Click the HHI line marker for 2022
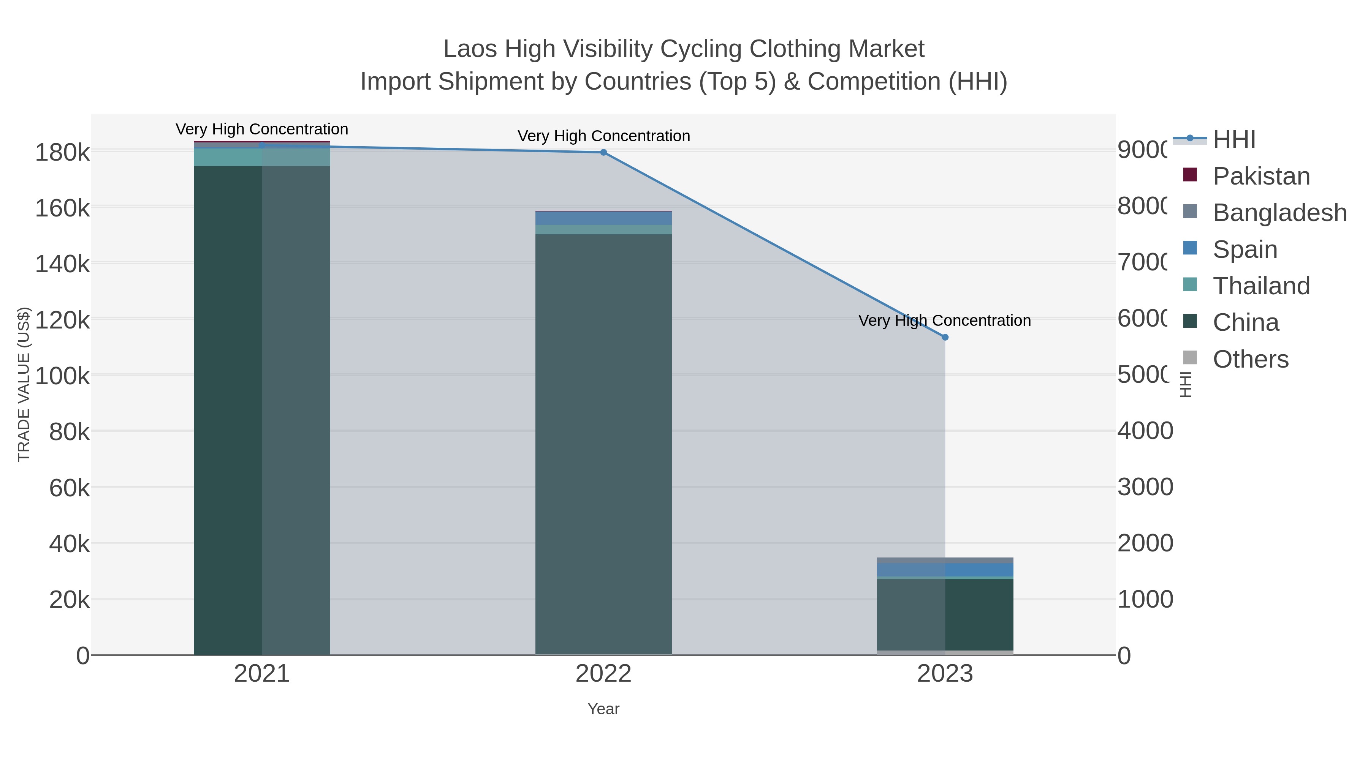(x=603, y=152)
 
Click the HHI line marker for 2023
(x=945, y=337)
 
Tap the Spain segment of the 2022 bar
(x=603, y=218)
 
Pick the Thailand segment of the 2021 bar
(x=261, y=157)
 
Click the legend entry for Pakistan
(x=1261, y=176)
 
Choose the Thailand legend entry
(x=1261, y=286)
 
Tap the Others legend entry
(x=1250, y=359)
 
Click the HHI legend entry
(x=1233, y=140)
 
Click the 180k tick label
(x=62, y=153)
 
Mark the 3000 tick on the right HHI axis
(x=1145, y=487)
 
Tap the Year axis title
(x=603, y=709)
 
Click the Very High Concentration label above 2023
(x=944, y=321)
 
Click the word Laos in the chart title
(x=471, y=49)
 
